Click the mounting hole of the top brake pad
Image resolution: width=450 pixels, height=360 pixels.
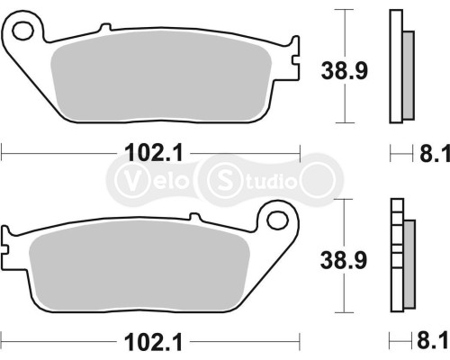click(x=23, y=33)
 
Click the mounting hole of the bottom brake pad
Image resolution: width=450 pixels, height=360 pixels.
click(x=277, y=219)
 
